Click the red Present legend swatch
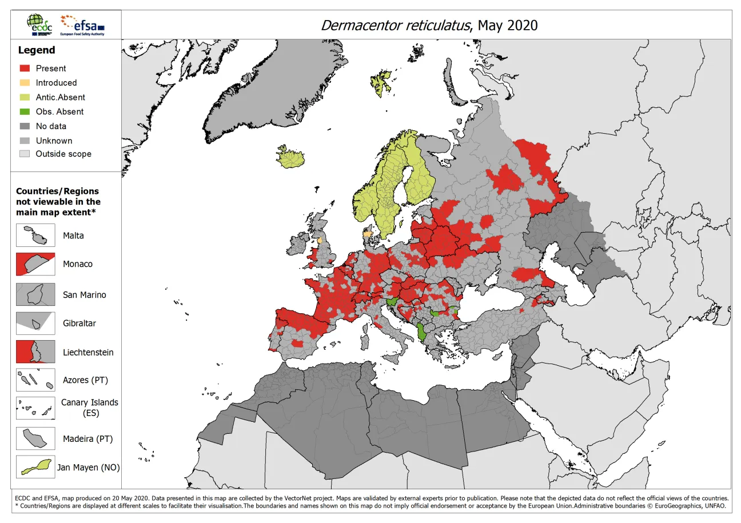coord(24,68)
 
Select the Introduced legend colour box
coord(24,82)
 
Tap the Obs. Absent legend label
coord(59,111)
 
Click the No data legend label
coord(51,126)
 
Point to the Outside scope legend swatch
coord(24,154)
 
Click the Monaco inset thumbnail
coord(35,264)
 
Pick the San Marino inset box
coord(35,295)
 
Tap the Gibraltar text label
coord(79,323)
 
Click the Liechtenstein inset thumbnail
coord(35,352)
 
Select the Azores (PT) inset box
coord(35,380)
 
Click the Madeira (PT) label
coord(87,439)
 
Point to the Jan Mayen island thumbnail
coord(35,467)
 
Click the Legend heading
coord(37,50)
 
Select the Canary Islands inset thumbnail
coord(35,408)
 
